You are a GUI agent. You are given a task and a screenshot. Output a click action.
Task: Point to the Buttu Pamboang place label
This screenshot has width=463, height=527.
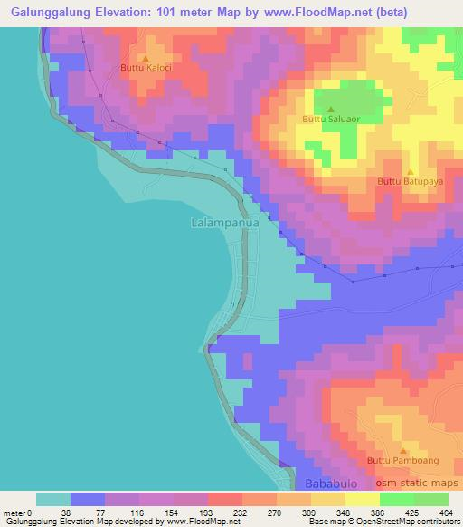click(403, 461)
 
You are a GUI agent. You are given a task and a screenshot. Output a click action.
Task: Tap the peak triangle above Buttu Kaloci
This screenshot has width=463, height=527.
click(146, 57)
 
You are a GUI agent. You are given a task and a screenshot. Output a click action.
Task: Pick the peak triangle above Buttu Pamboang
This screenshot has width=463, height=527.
click(403, 451)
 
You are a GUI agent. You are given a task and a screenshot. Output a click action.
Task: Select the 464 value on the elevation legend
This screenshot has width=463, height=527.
click(445, 513)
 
